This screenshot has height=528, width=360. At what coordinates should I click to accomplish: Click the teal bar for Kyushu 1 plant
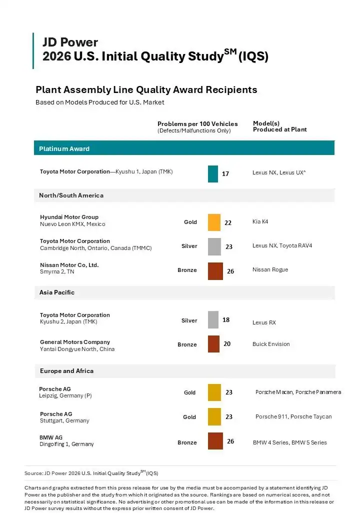213,174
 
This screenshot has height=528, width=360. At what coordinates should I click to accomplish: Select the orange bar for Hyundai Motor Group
214,222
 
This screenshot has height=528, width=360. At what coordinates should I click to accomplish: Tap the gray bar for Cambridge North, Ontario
214,246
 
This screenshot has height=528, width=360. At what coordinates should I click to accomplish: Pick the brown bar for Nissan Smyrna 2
215,271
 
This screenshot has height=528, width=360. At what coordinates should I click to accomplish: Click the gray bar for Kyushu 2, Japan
213,319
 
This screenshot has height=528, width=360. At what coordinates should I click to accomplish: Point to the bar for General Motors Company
213,344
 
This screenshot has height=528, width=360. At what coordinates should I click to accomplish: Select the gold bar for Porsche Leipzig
214,392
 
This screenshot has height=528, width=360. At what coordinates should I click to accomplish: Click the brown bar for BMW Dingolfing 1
215,441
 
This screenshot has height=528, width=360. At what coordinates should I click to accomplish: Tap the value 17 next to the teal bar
225,174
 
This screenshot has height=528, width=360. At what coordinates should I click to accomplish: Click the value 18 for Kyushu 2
226,319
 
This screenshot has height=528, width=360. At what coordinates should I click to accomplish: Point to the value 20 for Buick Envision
227,344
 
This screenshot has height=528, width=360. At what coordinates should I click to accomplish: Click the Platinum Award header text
64,148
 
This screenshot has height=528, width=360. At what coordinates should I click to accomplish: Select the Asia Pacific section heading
57,292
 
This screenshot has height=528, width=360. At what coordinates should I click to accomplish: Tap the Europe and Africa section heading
66,370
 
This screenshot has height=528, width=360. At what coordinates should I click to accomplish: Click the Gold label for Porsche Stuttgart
189,417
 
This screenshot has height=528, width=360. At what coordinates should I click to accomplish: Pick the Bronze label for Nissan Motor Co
187,270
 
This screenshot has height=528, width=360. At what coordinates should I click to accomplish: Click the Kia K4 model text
260,221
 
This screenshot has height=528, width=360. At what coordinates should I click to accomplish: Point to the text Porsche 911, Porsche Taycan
293,416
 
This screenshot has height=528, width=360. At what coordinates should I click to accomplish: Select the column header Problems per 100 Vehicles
197,123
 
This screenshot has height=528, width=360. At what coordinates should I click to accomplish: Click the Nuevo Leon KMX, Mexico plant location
72,224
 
